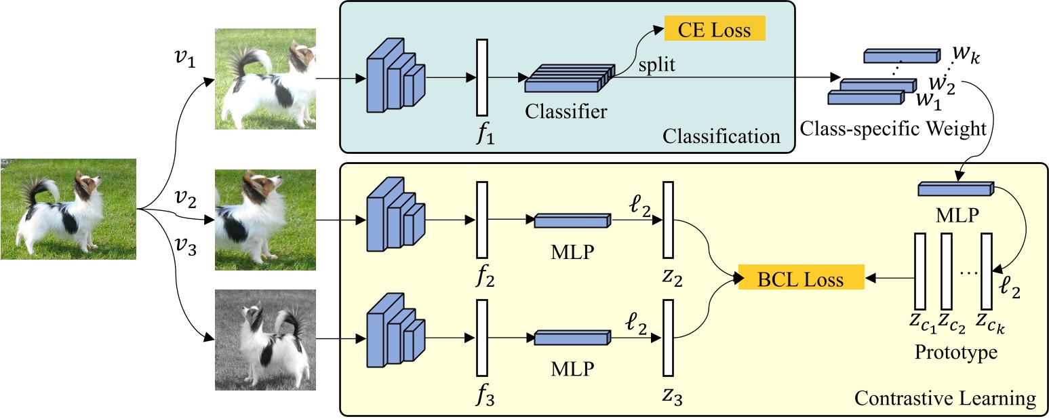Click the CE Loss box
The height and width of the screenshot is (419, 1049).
(x=714, y=30)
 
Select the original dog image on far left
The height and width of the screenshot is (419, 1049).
(x=68, y=208)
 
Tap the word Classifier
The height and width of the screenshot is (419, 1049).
(x=566, y=111)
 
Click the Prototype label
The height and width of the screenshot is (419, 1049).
(x=955, y=353)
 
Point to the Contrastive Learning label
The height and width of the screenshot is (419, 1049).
(x=945, y=397)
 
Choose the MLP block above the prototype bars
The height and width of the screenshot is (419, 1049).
(x=955, y=189)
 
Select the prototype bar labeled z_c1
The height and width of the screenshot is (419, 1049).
(x=920, y=270)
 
